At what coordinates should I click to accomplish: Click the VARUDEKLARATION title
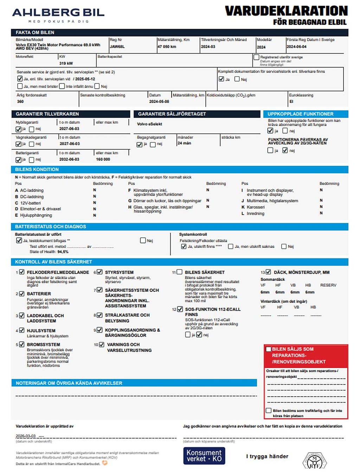[x=286, y=11]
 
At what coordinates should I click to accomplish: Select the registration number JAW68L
[x=117, y=46]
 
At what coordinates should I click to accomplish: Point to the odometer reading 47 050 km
[x=167, y=46]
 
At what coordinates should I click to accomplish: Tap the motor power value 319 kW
[x=66, y=63]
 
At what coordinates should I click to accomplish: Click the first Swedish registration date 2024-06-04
[x=296, y=46]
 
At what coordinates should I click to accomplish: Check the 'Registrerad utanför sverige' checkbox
[x=256, y=57]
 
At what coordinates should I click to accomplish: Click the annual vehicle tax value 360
[x=20, y=101]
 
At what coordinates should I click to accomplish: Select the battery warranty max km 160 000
[x=103, y=159]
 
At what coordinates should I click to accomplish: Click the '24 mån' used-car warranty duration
[x=184, y=143]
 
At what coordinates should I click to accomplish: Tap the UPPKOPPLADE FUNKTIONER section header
[x=301, y=114]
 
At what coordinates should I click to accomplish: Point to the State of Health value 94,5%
[x=63, y=252]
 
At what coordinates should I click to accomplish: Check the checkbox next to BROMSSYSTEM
[x=22, y=345]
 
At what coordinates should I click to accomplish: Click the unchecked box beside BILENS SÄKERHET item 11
[x=180, y=272]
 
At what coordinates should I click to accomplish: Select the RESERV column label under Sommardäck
[x=328, y=285]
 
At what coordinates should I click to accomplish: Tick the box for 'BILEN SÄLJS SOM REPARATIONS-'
[x=269, y=349]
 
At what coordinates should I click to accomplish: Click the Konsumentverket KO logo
[x=204, y=456]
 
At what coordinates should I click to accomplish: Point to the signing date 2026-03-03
[x=26, y=436]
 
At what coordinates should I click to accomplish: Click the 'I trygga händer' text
[x=267, y=456]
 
